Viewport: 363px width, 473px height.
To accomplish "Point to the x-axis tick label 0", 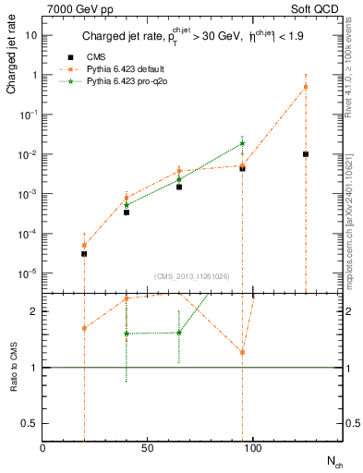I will pyautogui.click(x=42, y=447).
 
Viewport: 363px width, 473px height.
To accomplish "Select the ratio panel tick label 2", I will pyautogui.click(x=33, y=311).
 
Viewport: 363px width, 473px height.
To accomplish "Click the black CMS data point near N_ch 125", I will pyautogui.click(x=305, y=154).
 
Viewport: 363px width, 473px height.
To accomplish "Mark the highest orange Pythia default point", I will pyautogui.click(x=305, y=87).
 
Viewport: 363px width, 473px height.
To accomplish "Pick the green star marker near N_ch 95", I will pyautogui.click(x=242, y=143).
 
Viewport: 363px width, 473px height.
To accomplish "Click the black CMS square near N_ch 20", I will pyautogui.click(x=84, y=253).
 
